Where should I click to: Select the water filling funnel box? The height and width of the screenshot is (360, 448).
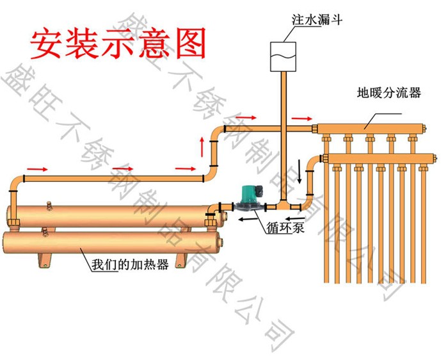282,56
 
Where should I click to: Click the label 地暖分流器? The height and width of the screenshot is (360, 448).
388,93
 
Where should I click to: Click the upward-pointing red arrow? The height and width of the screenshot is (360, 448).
204,146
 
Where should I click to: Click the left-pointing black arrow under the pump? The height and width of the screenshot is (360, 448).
244,218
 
